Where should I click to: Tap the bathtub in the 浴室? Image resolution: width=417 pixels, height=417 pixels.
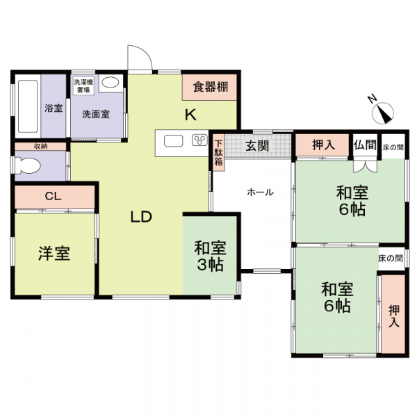28,106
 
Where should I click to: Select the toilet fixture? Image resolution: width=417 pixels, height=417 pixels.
27,165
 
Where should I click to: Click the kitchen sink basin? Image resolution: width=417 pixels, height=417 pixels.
173,141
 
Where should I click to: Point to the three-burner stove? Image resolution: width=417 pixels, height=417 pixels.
199,140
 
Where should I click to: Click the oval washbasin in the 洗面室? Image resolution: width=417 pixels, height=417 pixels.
110,83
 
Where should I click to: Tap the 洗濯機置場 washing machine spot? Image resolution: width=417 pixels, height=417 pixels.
84,85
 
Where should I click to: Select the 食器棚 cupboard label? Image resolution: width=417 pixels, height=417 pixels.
211,87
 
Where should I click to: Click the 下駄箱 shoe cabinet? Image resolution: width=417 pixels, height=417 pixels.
218,153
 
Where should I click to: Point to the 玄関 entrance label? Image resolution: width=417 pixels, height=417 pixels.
257,146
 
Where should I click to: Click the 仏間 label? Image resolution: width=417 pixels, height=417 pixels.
365,145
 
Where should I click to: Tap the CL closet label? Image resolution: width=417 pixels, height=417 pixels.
54,196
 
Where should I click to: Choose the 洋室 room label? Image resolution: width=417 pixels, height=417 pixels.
54,254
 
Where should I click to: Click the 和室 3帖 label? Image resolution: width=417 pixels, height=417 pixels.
210,256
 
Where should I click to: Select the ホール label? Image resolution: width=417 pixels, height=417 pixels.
260,192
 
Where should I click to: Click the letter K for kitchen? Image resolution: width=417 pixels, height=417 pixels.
190,115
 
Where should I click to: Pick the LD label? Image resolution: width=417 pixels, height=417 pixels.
141,217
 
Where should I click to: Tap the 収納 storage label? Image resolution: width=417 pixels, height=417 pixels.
41,146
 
